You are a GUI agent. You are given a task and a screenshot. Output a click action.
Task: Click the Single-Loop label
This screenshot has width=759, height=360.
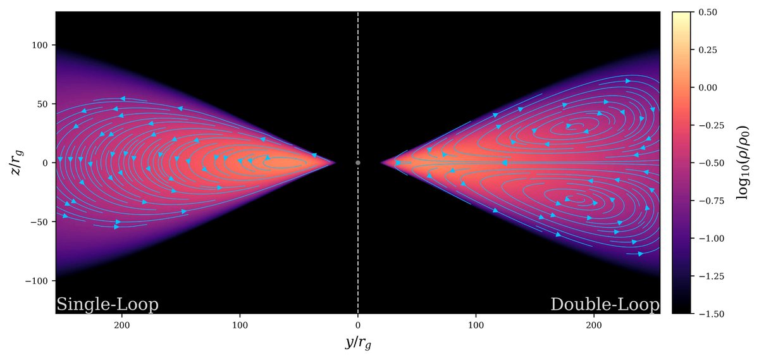pos(107,304)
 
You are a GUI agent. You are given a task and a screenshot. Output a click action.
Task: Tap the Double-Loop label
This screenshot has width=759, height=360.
pos(605,304)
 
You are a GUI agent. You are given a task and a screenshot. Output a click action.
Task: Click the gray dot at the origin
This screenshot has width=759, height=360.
pos(358,163)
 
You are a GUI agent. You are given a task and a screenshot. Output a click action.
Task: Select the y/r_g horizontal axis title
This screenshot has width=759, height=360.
pos(358,342)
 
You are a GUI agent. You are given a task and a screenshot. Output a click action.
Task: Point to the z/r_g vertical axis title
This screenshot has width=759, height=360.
pos(14,163)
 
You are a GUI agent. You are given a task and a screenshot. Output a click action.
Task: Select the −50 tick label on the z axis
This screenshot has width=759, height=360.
pos(42,221)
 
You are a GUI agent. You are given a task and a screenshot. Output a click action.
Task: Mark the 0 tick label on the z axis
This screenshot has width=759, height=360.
pos(47,163)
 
